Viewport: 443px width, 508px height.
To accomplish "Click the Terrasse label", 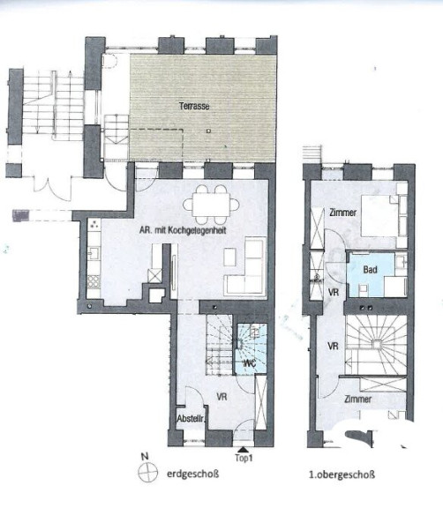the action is coord(194,106).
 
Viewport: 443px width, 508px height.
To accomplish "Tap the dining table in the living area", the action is coord(211,205).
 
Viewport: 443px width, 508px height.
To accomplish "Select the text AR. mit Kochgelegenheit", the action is coord(183,230).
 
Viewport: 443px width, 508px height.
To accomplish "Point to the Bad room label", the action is coord(370,270).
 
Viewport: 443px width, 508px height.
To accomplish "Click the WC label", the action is coord(250,362).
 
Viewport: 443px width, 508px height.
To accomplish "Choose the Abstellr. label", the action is coord(191,419).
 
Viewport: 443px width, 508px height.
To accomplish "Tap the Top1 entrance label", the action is coord(244,458).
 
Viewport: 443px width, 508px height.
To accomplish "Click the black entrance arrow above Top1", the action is coord(244,450).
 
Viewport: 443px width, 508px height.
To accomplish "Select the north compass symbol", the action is coord(147,472).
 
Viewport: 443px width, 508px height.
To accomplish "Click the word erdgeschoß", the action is coord(193,474).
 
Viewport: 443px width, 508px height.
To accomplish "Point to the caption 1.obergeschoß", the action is coord(342,475).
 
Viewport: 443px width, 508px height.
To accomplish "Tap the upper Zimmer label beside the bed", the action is coord(342,213).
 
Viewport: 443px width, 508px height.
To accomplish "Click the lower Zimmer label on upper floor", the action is coord(357,399).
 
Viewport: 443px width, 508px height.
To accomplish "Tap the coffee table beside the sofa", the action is coord(229,257).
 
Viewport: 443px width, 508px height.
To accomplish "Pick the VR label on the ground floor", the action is coord(221,397).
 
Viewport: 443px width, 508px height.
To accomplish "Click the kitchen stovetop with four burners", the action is coord(94,281).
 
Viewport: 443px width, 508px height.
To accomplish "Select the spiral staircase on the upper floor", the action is coord(376,344).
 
